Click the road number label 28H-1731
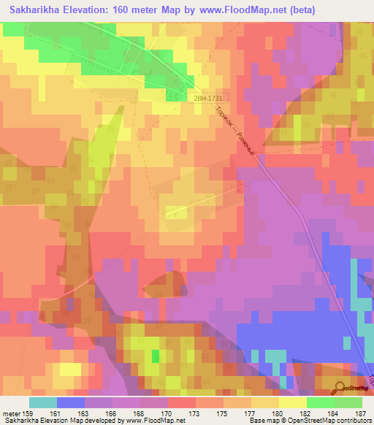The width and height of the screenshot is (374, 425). point(208,97)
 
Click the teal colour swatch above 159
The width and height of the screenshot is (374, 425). point(42,402)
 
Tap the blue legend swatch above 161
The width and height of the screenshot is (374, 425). point(70,402)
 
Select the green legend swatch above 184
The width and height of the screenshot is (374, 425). point(320,402)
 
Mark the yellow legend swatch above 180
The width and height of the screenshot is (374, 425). point(292,402)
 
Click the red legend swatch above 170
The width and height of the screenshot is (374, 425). point(181,402)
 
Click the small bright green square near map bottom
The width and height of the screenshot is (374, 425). point(155,356)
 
